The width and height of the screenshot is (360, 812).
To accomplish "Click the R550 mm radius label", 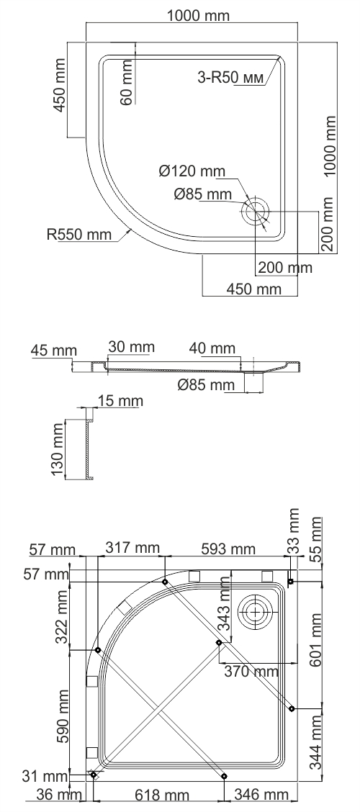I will click(79, 234).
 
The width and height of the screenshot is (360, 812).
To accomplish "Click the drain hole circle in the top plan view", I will click(256, 212).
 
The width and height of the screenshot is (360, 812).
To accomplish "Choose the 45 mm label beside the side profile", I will click(53, 351).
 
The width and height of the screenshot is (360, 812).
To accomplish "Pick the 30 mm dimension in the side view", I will click(131, 347).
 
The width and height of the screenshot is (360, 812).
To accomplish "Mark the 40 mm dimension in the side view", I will click(212, 349).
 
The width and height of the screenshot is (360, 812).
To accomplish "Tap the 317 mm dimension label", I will click(131, 549).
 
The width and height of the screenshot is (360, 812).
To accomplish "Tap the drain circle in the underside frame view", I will click(255, 610).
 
